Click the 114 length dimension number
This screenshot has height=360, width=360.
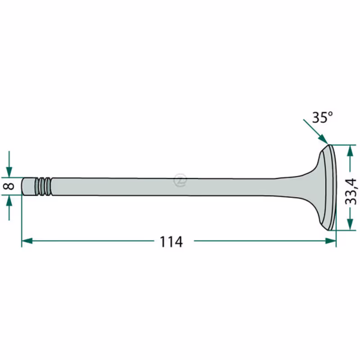(x=171, y=242)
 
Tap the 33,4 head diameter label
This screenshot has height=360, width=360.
(x=351, y=191)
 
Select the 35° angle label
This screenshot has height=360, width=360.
(x=322, y=117)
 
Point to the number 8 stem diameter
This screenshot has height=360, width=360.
(x=9, y=186)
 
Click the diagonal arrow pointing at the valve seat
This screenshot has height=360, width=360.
(x=315, y=132)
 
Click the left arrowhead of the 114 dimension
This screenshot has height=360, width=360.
(x=27, y=241)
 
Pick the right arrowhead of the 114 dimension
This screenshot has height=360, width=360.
(x=331, y=241)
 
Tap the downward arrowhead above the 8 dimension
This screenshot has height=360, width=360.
(x=9, y=172)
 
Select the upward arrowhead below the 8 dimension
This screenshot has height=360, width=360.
(x=9, y=200)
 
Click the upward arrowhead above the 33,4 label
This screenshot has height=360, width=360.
(x=350, y=151)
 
